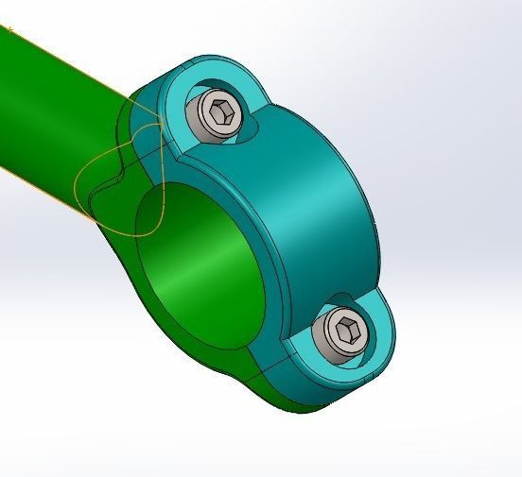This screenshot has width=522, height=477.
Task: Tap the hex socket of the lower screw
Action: point(345,330)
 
